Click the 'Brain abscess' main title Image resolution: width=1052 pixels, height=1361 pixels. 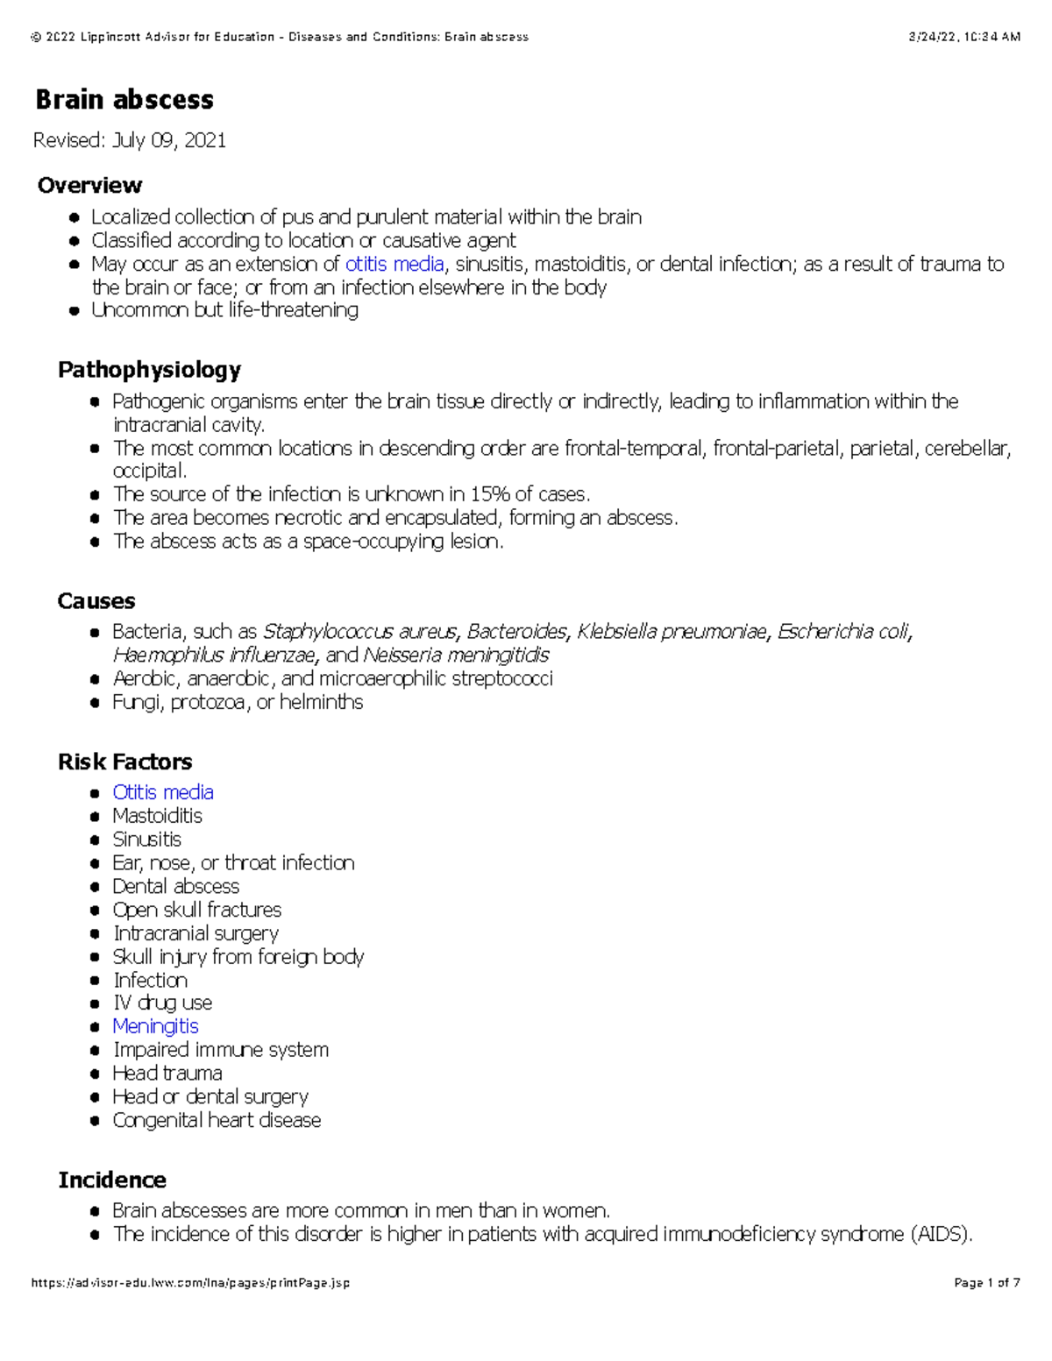124,100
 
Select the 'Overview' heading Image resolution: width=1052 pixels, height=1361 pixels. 89,185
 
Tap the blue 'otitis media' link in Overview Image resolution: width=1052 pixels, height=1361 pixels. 394,264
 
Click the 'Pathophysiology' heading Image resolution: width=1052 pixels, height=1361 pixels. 149,370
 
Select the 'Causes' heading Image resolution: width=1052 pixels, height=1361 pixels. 96,601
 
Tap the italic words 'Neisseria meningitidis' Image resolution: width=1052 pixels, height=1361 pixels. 456,656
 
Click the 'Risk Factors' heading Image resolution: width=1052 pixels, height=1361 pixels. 124,762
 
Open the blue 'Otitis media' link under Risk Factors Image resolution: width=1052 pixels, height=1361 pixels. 163,792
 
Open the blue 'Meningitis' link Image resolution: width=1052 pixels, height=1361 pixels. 155,1026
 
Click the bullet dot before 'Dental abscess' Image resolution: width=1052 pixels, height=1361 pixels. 95,887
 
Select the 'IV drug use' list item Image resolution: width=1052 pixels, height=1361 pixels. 162,1003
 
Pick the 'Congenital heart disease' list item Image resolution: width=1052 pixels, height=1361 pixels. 217,1120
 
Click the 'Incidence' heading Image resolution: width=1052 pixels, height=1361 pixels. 112,1180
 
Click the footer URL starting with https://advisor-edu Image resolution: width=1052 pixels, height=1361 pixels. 190,1283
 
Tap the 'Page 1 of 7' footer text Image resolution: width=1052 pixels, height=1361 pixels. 987,1283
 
